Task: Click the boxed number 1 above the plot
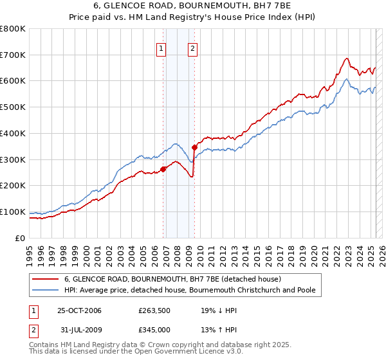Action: click(161, 47)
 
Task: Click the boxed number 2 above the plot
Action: click(192, 47)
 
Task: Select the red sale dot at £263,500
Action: click(163, 169)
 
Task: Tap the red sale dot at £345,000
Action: click(194, 148)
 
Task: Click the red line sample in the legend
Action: click(44, 280)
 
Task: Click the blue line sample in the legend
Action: click(44, 291)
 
